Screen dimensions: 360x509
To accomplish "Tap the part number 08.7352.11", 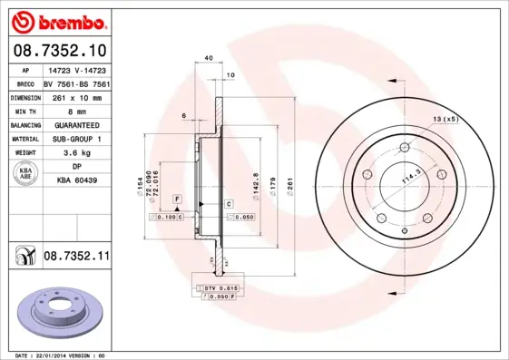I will [76, 257].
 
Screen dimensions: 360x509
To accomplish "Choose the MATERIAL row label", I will [24, 139].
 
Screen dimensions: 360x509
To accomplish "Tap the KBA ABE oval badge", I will [25, 174].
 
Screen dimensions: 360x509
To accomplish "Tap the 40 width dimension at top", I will [210, 58].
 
